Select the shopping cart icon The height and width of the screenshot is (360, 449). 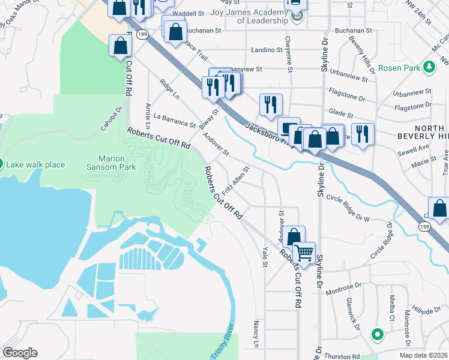point(304,252)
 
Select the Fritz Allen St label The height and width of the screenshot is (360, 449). point(235,181)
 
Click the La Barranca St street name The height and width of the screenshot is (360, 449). point(174,121)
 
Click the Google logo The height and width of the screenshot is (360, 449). point(20,353)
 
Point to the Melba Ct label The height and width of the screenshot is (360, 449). point(391,307)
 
